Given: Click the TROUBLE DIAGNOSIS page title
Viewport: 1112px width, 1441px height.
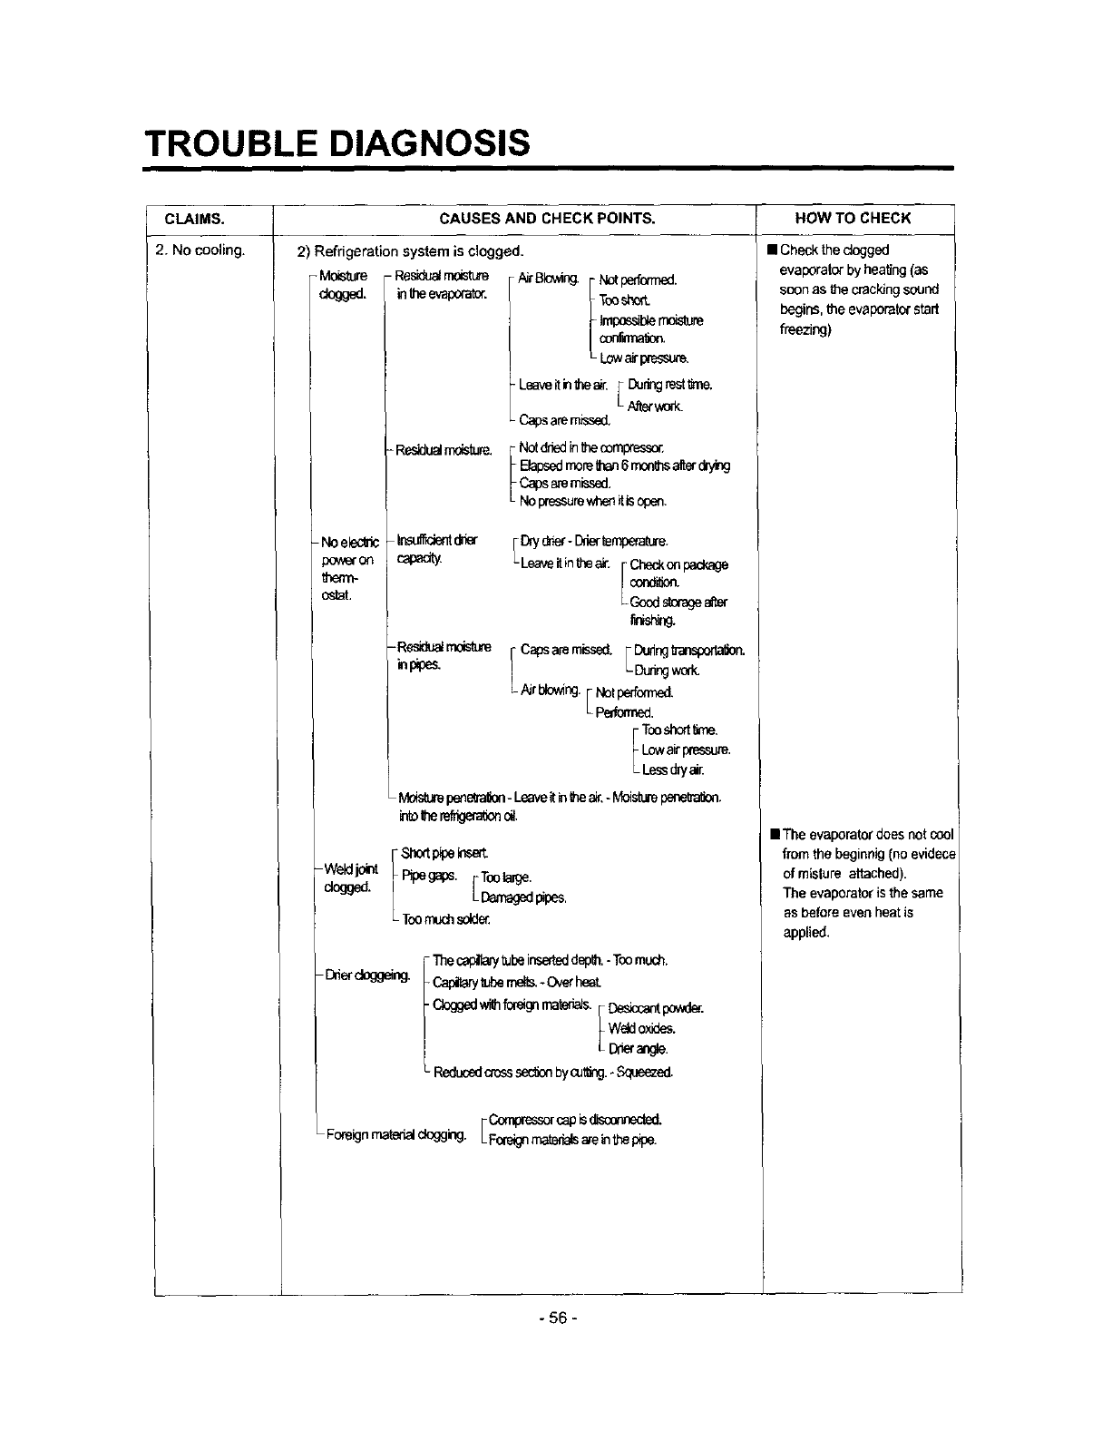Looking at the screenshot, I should point(337,142).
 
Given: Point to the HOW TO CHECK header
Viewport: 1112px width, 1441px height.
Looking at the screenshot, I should point(853,219).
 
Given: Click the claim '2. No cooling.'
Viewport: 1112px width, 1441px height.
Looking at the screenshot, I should point(200,250).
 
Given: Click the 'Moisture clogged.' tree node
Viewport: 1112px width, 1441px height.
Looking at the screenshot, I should point(342,284).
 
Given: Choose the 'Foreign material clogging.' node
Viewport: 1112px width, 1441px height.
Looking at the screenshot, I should point(396,1134).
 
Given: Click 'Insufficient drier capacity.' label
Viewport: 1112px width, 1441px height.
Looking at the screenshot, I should point(436,548).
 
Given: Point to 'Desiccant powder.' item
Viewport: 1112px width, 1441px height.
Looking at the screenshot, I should point(655,1008).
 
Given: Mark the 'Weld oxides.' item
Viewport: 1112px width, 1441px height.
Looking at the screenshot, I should point(642,1028).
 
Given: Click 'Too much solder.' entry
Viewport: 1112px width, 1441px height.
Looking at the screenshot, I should point(446,919).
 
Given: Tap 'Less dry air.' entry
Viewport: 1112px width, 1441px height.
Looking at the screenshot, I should point(672,770).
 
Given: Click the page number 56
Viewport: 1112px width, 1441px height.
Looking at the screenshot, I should point(555,1318).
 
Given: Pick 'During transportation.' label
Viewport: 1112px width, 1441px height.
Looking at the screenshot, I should point(689,651).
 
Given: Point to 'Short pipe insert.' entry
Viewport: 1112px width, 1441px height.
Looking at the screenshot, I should point(444,853).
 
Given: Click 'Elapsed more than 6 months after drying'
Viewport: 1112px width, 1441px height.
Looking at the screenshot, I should point(625,466).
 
